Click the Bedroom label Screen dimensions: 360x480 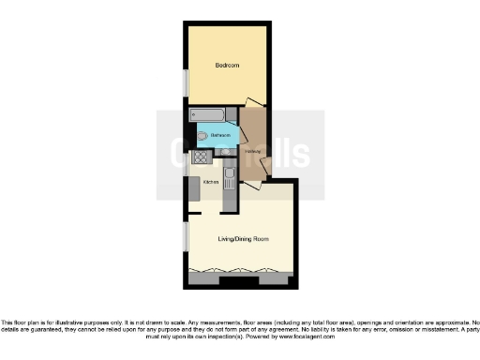(227, 66)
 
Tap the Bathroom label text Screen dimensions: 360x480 (220, 136)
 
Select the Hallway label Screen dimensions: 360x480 (252, 153)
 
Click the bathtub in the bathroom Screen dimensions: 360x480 (207, 116)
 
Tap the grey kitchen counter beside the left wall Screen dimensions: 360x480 (195, 188)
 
